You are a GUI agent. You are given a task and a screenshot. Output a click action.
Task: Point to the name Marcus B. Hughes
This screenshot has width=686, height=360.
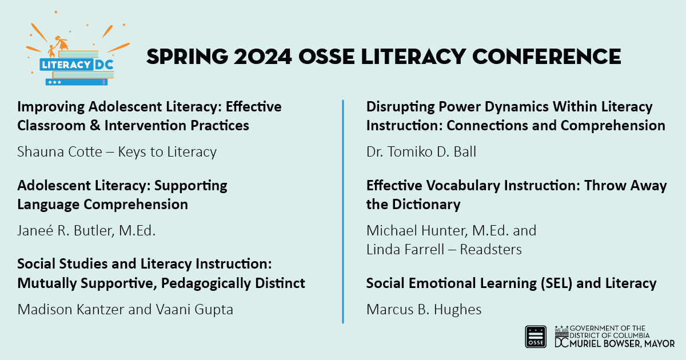(424, 310)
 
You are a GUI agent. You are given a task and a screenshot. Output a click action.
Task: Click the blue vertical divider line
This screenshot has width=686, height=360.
(342, 211)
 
